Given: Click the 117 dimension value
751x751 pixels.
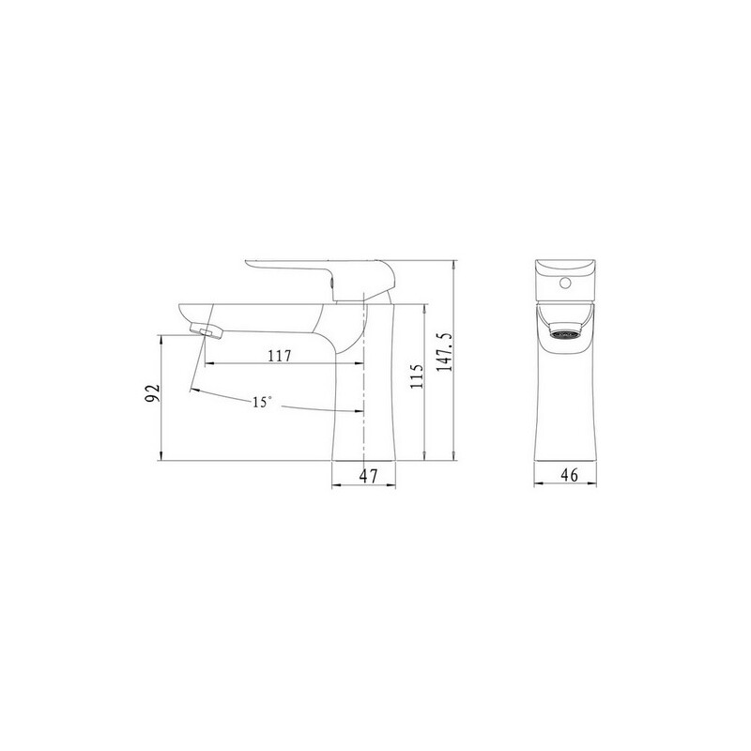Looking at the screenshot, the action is coord(280,356).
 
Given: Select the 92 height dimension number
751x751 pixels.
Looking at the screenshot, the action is coord(153,393).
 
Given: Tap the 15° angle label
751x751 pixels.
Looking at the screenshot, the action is coord(262,403).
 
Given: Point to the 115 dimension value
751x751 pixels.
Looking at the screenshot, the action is coord(417,376).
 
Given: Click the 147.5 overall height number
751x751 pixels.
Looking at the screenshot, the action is coord(445,353).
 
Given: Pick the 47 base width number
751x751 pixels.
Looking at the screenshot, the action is coord(368,476).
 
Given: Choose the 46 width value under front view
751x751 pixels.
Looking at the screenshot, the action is coord(570,475).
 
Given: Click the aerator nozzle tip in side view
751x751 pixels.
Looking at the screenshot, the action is coord(207,331).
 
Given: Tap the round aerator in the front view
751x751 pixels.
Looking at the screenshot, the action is coord(565,331).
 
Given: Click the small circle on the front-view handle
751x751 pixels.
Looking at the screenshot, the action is coord(566,284).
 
